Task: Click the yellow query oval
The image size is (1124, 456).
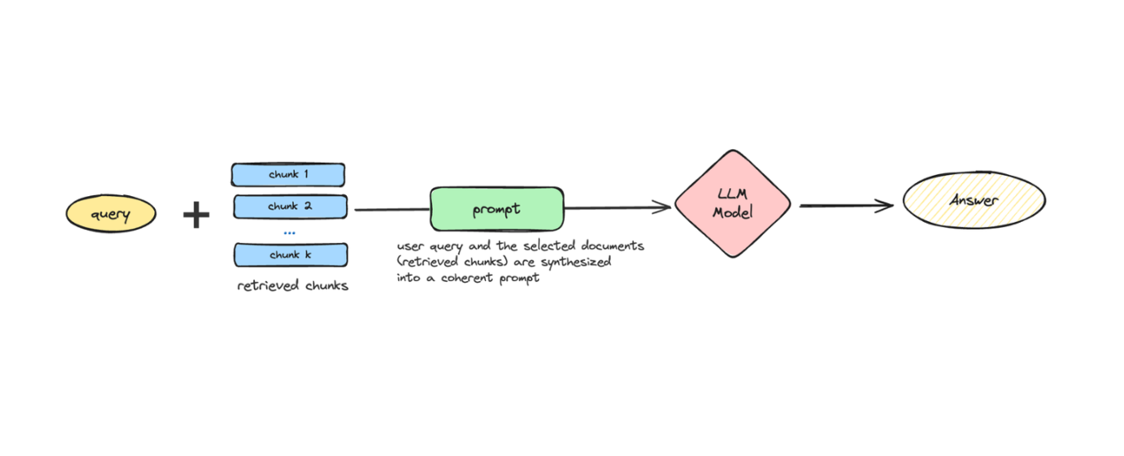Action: (111, 214)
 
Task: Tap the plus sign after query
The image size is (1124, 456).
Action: (196, 215)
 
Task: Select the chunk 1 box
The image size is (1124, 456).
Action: (288, 174)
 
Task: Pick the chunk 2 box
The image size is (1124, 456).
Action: (289, 207)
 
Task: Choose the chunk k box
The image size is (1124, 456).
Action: (289, 255)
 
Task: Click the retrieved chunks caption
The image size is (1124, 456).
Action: (293, 286)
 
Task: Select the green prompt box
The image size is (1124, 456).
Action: (497, 209)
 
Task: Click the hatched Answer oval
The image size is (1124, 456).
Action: (974, 200)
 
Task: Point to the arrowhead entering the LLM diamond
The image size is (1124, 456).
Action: (664, 207)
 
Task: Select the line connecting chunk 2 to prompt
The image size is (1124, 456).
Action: (391, 210)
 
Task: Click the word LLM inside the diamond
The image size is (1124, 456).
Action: (732, 194)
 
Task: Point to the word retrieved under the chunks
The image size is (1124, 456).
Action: (264, 286)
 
